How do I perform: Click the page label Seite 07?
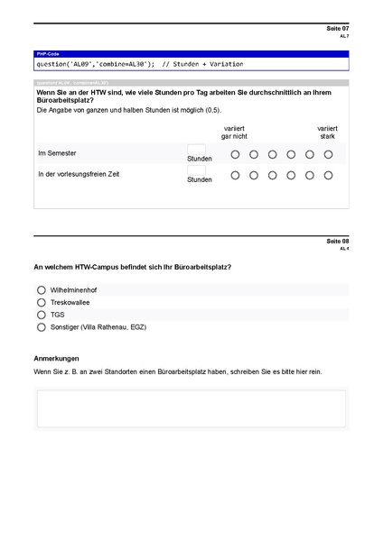click(337, 29)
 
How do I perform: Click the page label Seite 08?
click(337, 242)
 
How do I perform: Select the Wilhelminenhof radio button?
click(42, 290)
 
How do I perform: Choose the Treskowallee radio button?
click(42, 303)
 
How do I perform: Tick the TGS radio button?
click(42, 315)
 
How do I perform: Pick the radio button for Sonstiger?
click(42, 327)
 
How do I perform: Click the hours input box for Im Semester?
click(196, 149)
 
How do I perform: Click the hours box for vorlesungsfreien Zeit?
click(196, 169)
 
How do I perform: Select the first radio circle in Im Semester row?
click(235, 154)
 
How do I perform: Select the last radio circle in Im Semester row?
click(329, 154)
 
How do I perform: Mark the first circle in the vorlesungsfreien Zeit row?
click(235, 175)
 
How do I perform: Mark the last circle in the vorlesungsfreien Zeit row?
click(329, 175)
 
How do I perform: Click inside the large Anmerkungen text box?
click(191, 408)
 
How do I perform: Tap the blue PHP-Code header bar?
click(191, 55)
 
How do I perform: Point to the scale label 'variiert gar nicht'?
click(234, 133)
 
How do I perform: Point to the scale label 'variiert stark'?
click(327, 133)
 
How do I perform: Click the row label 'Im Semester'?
click(56, 153)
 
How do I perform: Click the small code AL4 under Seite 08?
click(344, 249)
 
